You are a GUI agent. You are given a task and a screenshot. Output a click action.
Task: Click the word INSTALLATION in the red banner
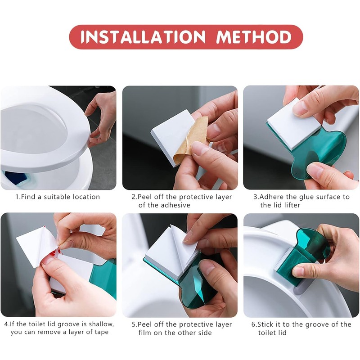tap(142, 37)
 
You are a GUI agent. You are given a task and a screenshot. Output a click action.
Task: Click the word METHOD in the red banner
tap(254, 37)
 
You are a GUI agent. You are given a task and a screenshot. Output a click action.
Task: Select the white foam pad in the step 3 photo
tap(295, 123)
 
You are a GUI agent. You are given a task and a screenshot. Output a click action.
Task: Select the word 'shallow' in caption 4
tap(101, 324)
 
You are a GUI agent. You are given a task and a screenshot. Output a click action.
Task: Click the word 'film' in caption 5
tap(145, 333)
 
